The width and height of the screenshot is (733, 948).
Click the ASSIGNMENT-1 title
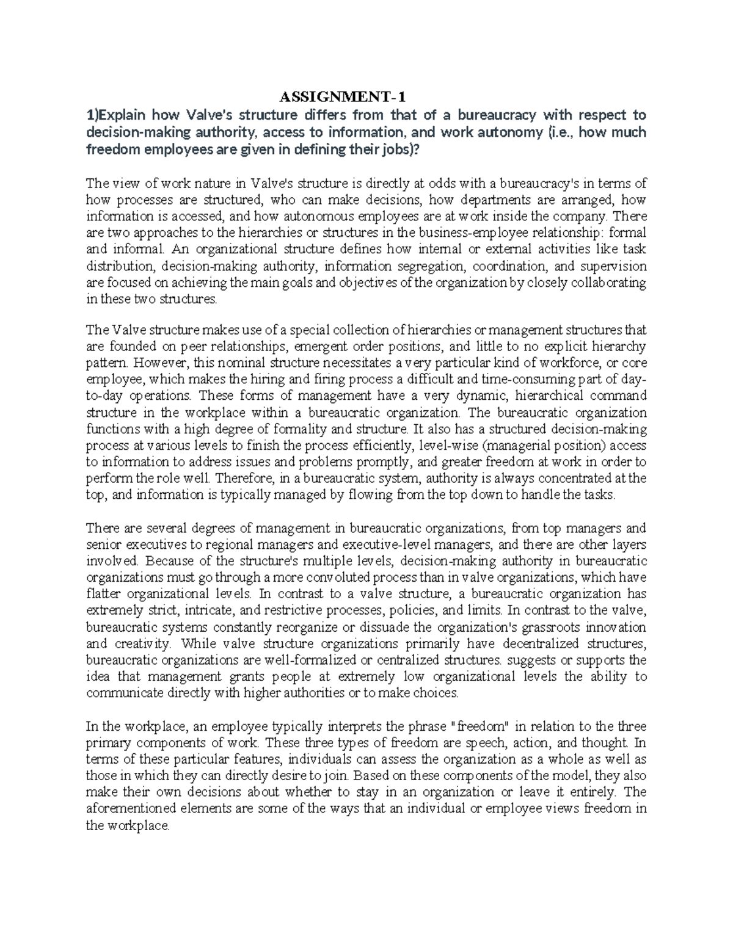pyautogui.click(x=342, y=97)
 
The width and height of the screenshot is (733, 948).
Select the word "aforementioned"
pyautogui.click(x=128, y=809)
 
